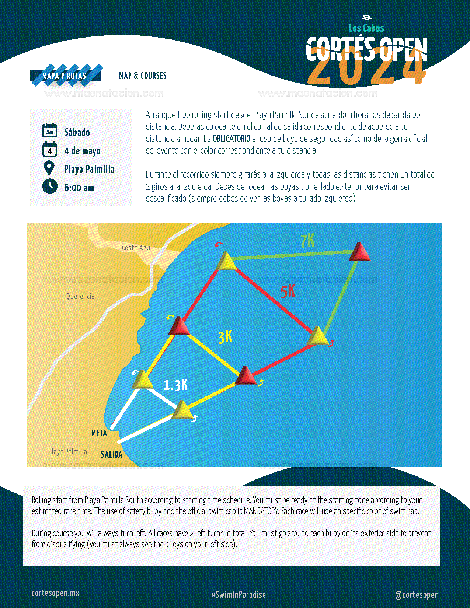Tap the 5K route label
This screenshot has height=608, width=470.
[x=288, y=292]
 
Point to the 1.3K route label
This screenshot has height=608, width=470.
[x=175, y=385]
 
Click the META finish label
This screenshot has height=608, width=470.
[x=99, y=433]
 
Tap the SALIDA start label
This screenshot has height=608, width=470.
[x=112, y=454]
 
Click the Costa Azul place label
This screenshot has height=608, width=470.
[x=137, y=248]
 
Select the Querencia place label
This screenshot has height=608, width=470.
[x=80, y=296]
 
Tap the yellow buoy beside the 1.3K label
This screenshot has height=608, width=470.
[x=143, y=380]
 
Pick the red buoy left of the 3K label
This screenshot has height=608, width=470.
[x=179, y=326]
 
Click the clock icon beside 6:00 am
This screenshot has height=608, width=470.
[x=50, y=186]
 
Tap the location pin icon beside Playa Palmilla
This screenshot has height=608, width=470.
[x=49, y=168]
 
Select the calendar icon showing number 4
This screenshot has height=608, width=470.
[x=50, y=149]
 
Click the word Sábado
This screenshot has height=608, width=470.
[x=77, y=132]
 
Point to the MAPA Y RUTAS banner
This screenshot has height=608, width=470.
[x=65, y=76]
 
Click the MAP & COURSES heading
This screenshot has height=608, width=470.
[x=143, y=76]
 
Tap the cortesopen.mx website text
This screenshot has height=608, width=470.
[x=55, y=593]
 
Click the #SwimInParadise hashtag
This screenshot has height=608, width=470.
[x=239, y=595]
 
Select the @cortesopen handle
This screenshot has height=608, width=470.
[x=417, y=595]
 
